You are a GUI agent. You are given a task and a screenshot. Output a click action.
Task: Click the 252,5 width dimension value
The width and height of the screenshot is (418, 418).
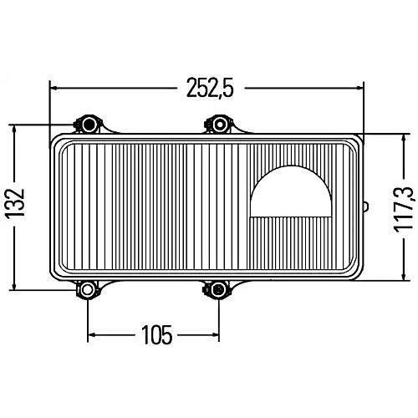tap(210, 87)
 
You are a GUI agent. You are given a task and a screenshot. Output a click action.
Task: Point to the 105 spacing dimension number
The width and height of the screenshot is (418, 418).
tap(157, 334)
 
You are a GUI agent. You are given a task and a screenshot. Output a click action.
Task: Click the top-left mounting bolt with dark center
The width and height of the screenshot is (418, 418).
tap(89, 124)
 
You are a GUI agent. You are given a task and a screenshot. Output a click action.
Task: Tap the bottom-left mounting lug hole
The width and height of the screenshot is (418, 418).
tap(87, 289)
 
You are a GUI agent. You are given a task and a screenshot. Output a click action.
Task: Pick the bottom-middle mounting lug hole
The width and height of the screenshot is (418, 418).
tap(217, 289)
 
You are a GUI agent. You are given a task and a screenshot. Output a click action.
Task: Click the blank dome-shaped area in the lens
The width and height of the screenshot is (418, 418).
tap(291, 193)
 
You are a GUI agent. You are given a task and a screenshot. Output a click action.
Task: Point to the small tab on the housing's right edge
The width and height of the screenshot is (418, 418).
tap(366, 207)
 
